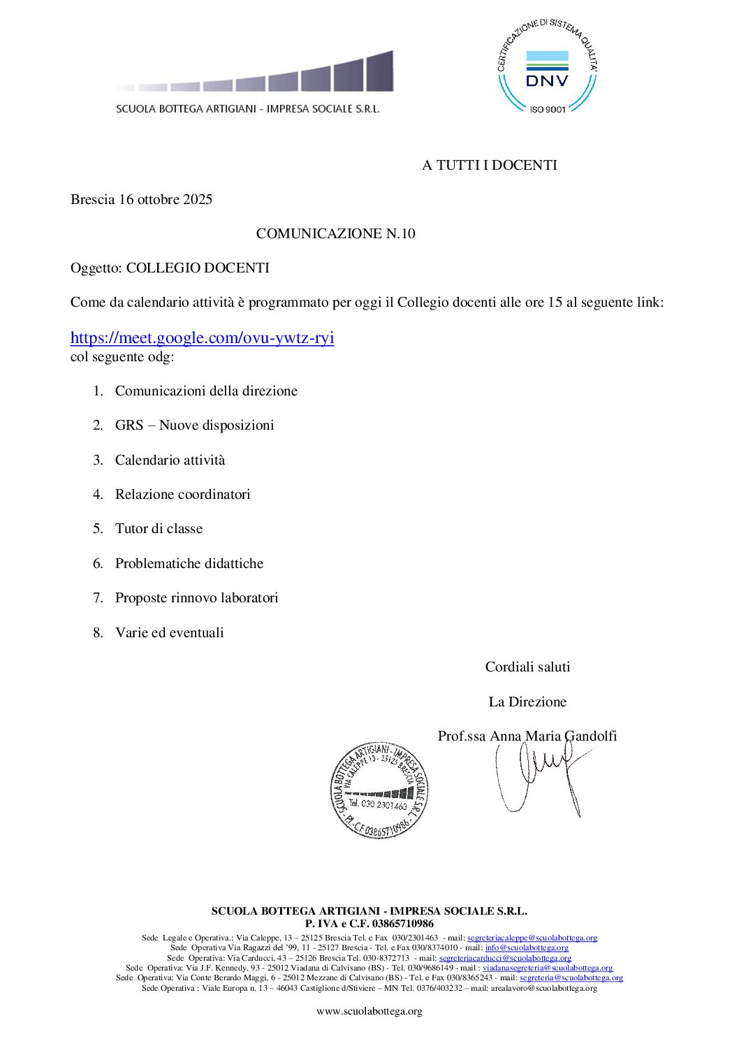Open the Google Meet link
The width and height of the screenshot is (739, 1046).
point(202,338)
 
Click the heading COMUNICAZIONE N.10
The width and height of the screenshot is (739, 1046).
point(335,234)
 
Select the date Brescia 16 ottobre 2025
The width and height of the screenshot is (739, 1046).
point(141,200)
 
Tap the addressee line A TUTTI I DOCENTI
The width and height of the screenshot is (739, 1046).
point(489,166)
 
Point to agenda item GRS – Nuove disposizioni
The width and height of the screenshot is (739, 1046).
point(194,426)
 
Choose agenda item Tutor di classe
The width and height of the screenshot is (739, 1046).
point(159,529)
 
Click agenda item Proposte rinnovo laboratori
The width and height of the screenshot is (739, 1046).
point(196,598)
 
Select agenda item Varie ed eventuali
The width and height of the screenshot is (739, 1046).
point(169,633)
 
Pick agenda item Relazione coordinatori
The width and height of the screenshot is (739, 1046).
point(182,495)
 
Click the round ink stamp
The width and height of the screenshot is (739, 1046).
point(379,790)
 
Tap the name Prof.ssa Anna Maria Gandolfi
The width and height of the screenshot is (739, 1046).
point(527,736)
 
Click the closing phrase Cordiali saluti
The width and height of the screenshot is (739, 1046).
point(527,667)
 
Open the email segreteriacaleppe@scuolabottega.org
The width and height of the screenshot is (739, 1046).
point(532,938)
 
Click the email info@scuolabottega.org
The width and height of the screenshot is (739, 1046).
point(527,948)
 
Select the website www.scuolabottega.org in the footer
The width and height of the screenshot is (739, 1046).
point(369,1012)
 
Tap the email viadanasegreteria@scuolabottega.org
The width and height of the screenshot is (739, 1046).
point(547,968)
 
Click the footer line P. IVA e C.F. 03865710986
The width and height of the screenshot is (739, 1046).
point(369,924)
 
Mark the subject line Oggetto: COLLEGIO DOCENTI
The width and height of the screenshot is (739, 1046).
point(170,268)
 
